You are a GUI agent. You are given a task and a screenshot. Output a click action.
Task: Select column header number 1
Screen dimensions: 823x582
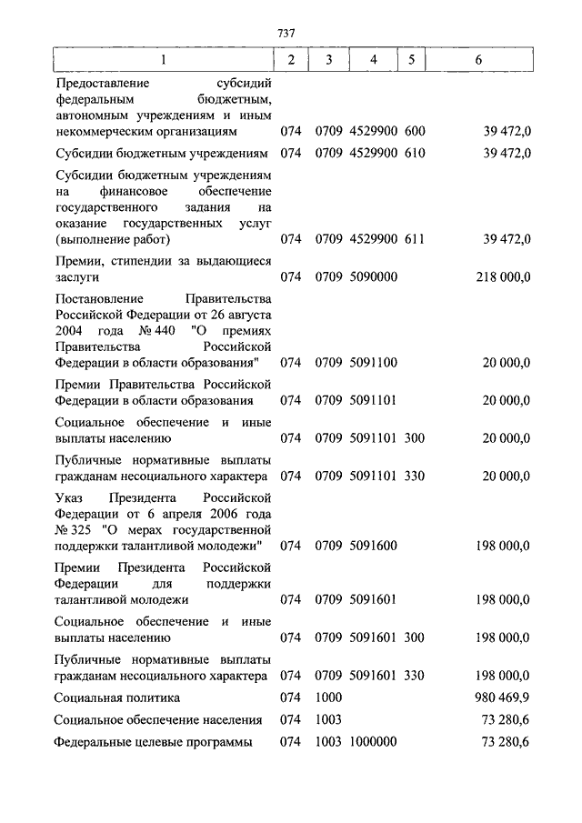[x=164, y=60]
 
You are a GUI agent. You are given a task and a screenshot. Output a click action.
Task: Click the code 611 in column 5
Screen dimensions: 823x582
[x=415, y=239]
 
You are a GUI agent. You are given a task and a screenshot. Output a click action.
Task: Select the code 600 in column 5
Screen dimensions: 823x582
[x=415, y=131]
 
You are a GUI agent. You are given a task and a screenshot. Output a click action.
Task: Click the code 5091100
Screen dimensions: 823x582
[x=372, y=363]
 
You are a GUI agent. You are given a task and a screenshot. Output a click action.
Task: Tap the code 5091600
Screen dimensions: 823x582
[x=372, y=546]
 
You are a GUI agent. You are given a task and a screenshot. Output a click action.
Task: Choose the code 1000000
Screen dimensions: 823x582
[x=372, y=742]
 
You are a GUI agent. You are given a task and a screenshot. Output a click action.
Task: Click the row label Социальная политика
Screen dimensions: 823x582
[x=117, y=698]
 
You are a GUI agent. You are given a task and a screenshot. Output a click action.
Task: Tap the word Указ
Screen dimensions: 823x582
[x=72, y=497]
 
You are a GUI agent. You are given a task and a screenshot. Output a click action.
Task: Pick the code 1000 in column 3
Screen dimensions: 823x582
[x=328, y=698]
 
